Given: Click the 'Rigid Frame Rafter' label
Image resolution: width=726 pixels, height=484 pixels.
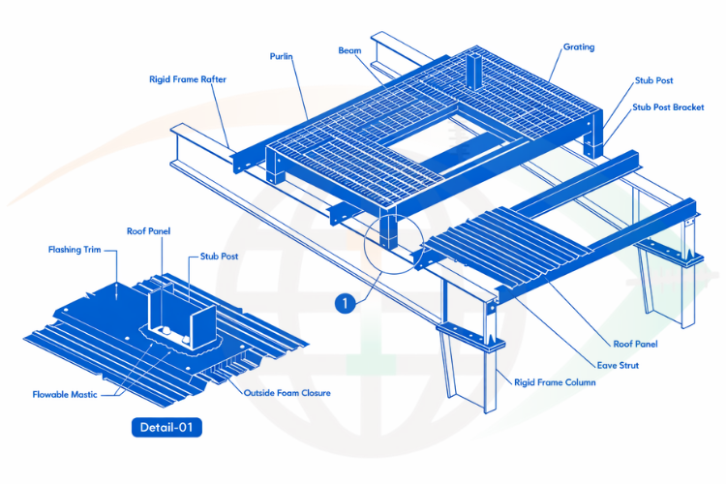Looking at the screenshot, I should (x=188, y=79).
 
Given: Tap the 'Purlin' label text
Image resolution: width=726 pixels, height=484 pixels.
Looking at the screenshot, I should (x=282, y=57).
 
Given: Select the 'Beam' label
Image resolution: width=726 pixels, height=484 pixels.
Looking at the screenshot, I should (x=349, y=49).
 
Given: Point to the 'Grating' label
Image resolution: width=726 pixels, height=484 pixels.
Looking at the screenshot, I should (x=579, y=46).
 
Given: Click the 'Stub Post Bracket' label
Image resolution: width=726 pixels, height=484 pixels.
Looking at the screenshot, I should (x=668, y=106).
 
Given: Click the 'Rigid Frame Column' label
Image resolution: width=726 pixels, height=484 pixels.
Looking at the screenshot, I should (x=555, y=382).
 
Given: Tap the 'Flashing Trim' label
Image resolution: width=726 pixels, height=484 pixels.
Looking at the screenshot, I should (x=74, y=250).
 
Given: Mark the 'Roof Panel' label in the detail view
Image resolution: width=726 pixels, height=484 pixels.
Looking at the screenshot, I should (x=149, y=232).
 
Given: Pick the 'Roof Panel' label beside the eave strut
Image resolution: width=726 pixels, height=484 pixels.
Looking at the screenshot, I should (x=635, y=345).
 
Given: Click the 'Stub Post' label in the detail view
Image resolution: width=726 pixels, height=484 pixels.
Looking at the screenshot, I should (x=219, y=257).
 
